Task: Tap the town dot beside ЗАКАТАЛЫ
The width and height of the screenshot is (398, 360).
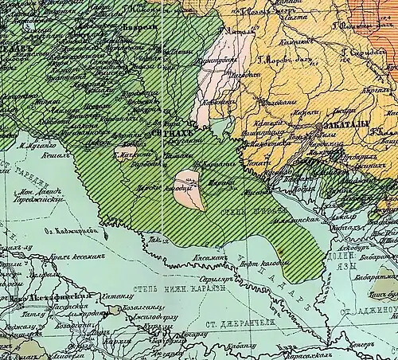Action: click(322, 127)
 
